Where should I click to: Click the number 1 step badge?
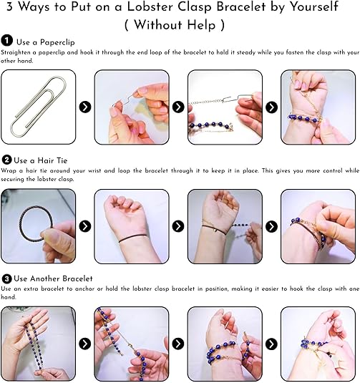click(x=7, y=40)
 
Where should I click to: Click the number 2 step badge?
click(x=6, y=160)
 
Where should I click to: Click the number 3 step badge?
click(x=6, y=278)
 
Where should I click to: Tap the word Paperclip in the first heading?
click(x=57, y=42)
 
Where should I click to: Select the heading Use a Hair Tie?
click(x=41, y=160)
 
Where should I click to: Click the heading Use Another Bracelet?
click(x=53, y=278)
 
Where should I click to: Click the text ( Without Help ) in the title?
click(x=175, y=24)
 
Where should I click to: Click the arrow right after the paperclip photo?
click(x=85, y=107)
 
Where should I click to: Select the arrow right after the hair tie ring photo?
click(x=85, y=226)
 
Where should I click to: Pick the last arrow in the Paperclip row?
click(x=271, y=107)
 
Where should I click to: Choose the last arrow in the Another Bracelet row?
click(x=271, y=344)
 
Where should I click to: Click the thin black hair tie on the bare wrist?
click(x=133, y=238)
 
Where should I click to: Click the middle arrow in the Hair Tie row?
click(x=178, y=226)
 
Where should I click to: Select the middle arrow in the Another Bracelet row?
click(x=178, y=344)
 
